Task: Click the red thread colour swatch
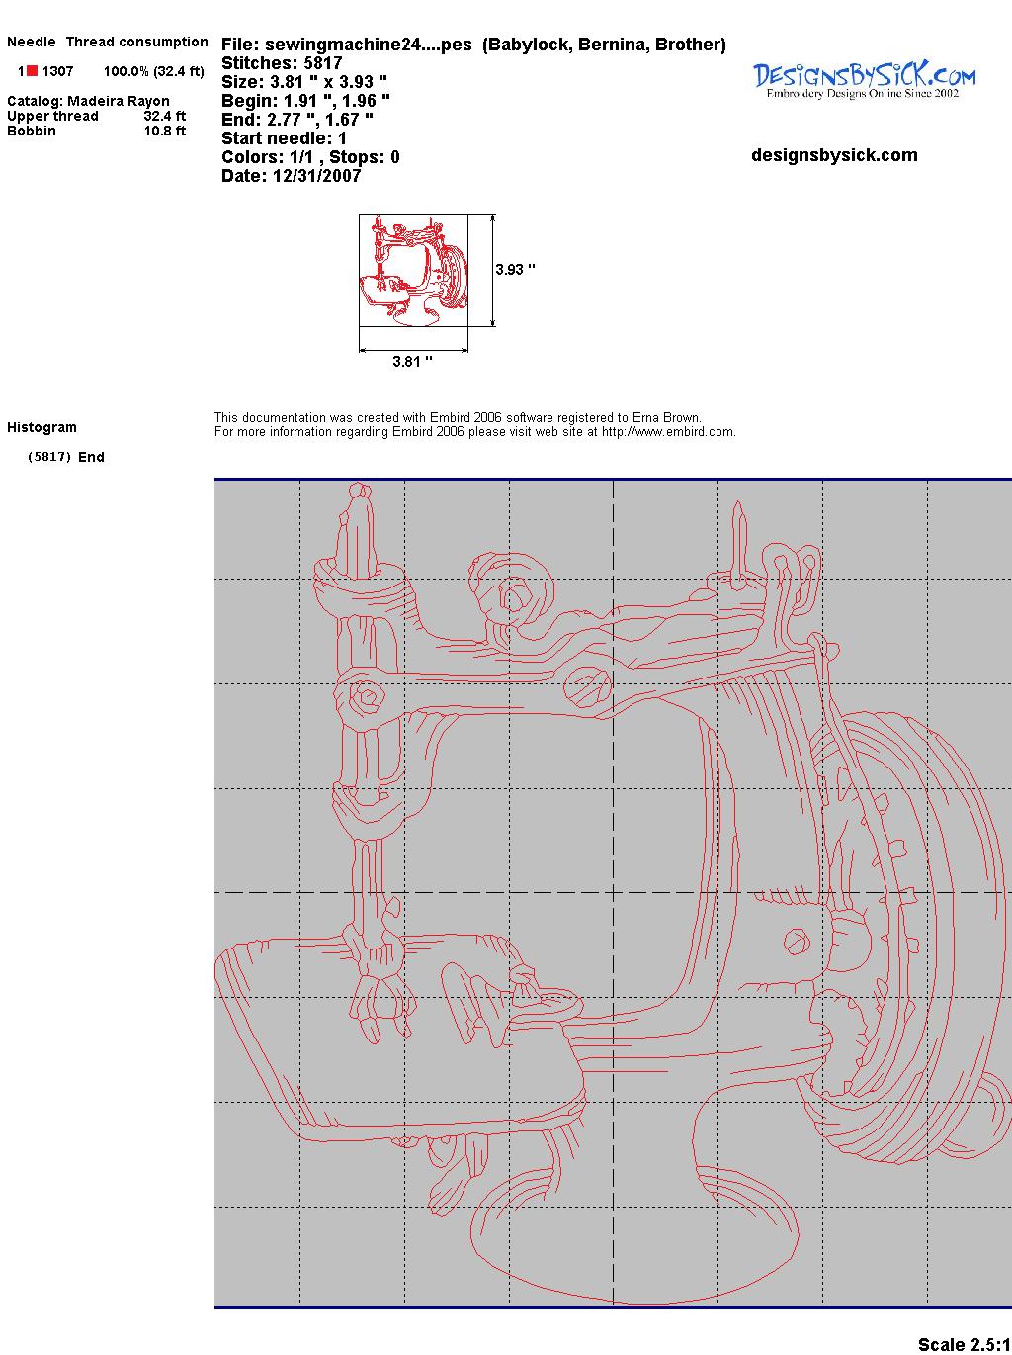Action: point(32,71)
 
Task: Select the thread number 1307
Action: point(58,71)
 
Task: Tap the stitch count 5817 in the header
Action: point(322,63)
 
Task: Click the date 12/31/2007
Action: point(316,176)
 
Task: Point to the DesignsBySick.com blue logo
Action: point(864,80)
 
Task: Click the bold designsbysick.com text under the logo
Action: point(834,155)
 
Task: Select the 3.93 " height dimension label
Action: point(515,270)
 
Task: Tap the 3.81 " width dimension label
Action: point(412,361)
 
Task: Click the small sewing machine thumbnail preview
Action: point(413,270)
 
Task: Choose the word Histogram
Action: point(42,427)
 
